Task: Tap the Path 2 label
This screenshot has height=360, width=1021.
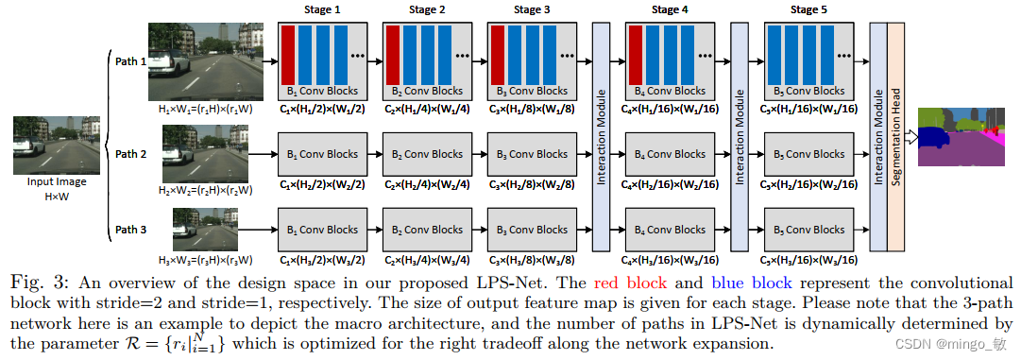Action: (130, 153)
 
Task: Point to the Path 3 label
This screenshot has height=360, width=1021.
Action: (130, 229)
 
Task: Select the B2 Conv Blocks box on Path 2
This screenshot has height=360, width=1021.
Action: (427, 154)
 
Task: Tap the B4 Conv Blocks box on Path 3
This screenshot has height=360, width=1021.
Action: (670, 230)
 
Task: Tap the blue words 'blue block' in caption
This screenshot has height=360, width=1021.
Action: (751, 283)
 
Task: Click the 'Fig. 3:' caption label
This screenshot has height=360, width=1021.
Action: (41, 283)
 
